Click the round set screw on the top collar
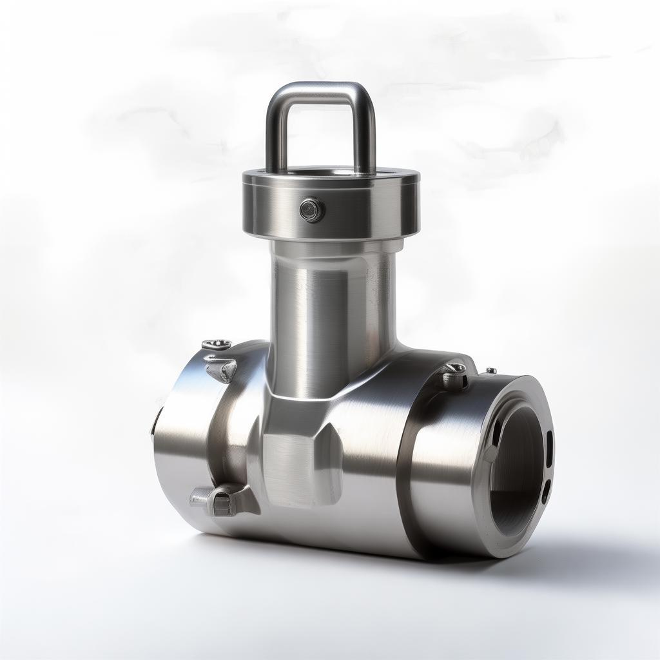(312, 209)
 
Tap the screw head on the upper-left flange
(217, 344)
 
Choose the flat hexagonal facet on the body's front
(293, 467)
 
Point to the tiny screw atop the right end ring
(491, 371)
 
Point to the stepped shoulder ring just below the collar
(335, 247)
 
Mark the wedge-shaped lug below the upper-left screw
(221, 369)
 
